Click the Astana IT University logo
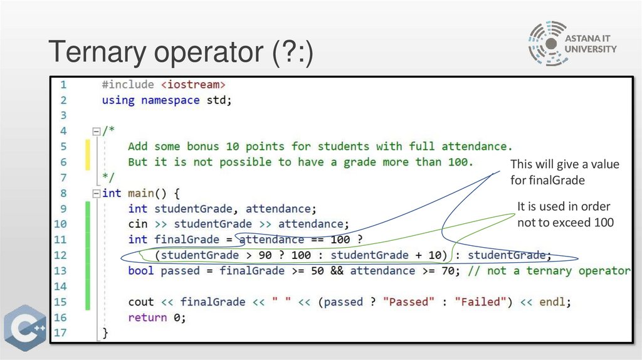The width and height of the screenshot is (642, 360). coord(572,43)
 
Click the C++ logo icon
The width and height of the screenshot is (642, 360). coord(26,328)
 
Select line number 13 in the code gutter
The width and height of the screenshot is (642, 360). coord(60,271)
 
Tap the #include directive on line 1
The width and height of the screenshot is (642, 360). coord(127,85)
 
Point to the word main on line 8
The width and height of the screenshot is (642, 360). coord(140,193)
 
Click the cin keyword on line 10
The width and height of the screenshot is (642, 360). coord(138,224)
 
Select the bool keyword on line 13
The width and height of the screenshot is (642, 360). coord(141,271)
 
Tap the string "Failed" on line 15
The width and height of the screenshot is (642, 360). coord(483,302)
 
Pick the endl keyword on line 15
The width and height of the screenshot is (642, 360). coord(554,302)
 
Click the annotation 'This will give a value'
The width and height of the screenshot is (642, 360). coord(564,164)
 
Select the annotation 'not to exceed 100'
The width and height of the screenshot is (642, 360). coord(565,222)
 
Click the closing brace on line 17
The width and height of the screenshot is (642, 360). coord(105,333)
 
